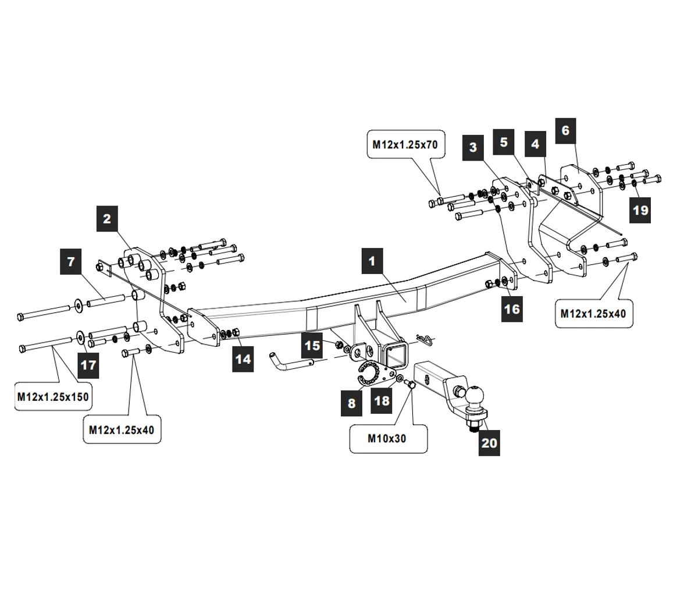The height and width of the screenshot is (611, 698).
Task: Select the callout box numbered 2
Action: pos(107,219)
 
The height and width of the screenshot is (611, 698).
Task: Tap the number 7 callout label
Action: pos(71,261)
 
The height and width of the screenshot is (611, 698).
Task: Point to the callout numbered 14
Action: pos(243,359)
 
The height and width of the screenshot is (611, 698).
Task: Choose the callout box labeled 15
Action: pos(312,346)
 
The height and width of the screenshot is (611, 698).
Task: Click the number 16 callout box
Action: pos(512,308)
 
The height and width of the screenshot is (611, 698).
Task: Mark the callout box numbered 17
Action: pos(88,365)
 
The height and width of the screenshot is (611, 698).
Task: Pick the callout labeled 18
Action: pos(382,401)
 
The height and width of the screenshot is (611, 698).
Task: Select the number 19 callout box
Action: pos(640,209)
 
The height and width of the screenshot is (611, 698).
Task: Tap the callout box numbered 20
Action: pos(489,443)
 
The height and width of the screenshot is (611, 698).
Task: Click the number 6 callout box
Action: pos(565,130)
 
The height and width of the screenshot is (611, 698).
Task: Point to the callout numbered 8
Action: pos(351,403)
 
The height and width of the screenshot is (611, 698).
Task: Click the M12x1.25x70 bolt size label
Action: pos(405,144)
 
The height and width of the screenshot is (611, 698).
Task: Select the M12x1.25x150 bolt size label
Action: pos(53,397)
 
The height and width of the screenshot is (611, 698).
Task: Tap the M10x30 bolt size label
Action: pos(387,439)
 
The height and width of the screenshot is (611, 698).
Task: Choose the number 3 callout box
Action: pos(473,147)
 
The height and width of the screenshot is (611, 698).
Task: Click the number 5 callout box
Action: pos(504,142)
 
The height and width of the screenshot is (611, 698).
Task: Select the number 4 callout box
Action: pos(535,144)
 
